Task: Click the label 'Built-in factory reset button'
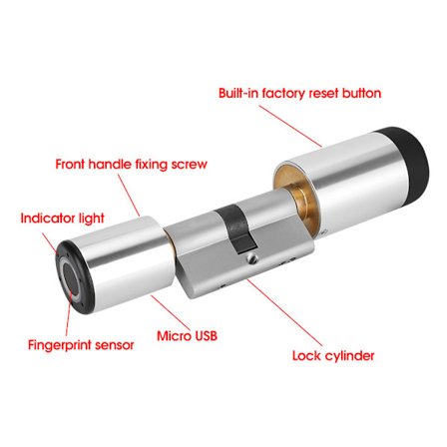coord(299,93)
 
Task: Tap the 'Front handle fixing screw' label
coord(131,165)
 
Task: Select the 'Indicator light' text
coord(62,219)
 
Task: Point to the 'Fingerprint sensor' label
coord(81,345)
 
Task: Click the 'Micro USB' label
coord(187,336)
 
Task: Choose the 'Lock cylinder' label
coord(333,356)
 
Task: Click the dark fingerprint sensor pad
coord(71,278)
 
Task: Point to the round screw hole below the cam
coord(252,258)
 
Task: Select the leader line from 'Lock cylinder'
coord(285,312)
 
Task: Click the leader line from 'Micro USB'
coord(170,312)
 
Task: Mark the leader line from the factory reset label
coord(291,127)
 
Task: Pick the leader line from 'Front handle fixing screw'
coord(129,196)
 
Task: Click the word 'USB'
coord(206,336)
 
